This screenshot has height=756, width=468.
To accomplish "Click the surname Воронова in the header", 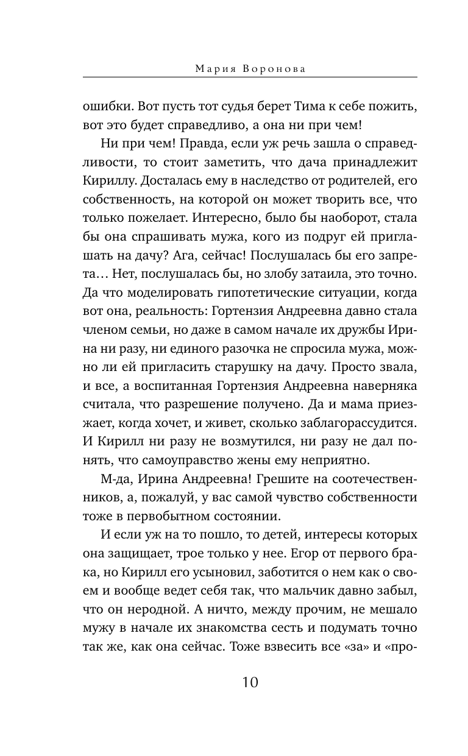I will tap(275, 69).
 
